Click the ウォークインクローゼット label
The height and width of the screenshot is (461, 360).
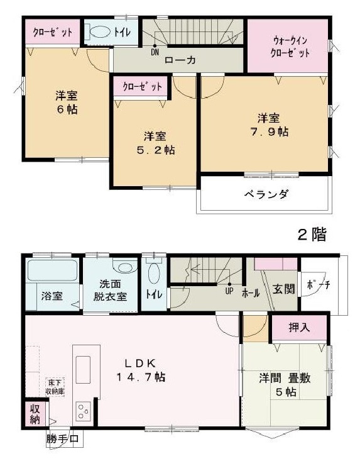[287, 45]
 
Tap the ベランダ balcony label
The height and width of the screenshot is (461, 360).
[266, 194]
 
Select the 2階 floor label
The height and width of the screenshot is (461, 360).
[312, 235]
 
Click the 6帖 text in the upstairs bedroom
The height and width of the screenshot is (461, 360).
[61, 109]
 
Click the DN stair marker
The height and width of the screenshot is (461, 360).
[155, 53]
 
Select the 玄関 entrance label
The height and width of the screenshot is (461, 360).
[283, 289]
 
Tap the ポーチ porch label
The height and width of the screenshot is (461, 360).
[319, 285]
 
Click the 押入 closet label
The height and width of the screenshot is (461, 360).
[299, 327]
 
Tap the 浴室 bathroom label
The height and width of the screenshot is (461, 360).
[52, 295]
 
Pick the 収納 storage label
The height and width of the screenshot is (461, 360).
[34, 414]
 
